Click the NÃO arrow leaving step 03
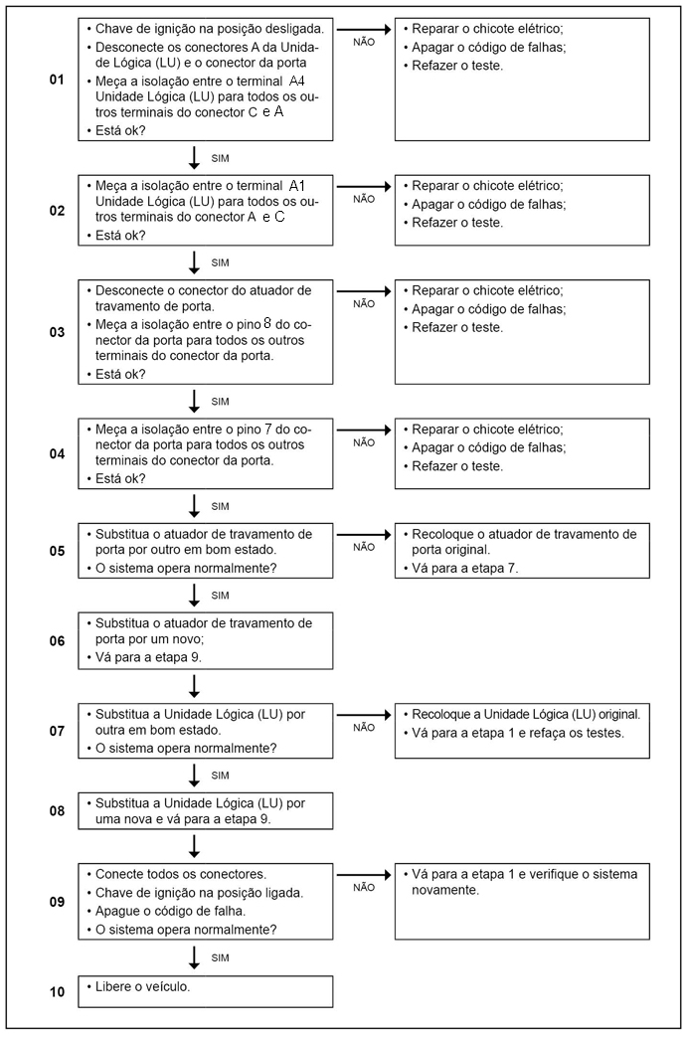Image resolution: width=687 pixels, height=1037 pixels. (x=364, y=290)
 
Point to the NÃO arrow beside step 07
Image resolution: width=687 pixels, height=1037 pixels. (x=364, y=714)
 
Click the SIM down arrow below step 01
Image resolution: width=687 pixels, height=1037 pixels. (x=194, y=156)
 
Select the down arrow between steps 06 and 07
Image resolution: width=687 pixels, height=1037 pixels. (x=194, y=685)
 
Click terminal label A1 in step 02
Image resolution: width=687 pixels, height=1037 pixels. (x=297, y=186)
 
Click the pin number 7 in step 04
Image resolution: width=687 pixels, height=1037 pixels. (x=267, y=429)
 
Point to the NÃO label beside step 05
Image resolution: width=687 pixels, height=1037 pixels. (x=364, y=547)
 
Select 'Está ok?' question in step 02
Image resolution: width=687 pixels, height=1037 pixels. (x=120, y=236)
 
